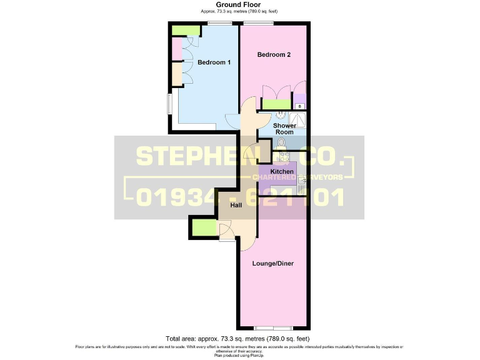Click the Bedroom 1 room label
click(x=214, y=62)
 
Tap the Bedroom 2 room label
click(x=274, y=55)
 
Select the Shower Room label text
click(x=284, y=129)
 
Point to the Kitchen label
click(x=282, y=171)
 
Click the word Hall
click(x=218, y=204)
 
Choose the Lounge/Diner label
click(x=272, y=263)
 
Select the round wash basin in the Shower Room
click(x=281, y=115)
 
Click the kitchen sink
click(x=302, y=184)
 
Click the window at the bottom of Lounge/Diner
click(x=273, y=328)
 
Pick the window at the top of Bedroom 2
click(x=258, y=24)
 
